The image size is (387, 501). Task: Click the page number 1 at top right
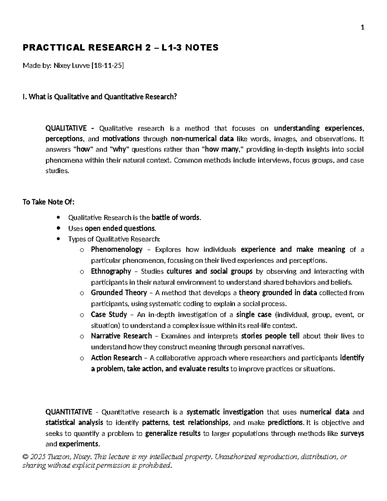pos(362,28)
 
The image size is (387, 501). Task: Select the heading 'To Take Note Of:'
pos(48,202)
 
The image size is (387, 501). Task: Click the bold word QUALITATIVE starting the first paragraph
pos(66,128)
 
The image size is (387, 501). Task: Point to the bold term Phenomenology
pos(116,249)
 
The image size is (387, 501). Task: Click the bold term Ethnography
pos(111,271)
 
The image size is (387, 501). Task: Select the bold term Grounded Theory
pos(119,293)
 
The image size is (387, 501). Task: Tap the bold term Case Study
pos(109,315)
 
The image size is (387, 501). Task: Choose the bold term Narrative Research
pos(121,336)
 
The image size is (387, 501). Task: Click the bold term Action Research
pos(116,358)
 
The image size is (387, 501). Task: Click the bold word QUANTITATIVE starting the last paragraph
pos(69,412)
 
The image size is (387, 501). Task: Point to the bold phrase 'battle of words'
pos(176,217)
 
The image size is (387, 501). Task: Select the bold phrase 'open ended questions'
pos(120,228)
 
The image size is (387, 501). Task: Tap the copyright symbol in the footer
pos(25,457)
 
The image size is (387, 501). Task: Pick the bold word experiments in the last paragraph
pos(78,444)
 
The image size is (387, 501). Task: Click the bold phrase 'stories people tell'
pos(270,336)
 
